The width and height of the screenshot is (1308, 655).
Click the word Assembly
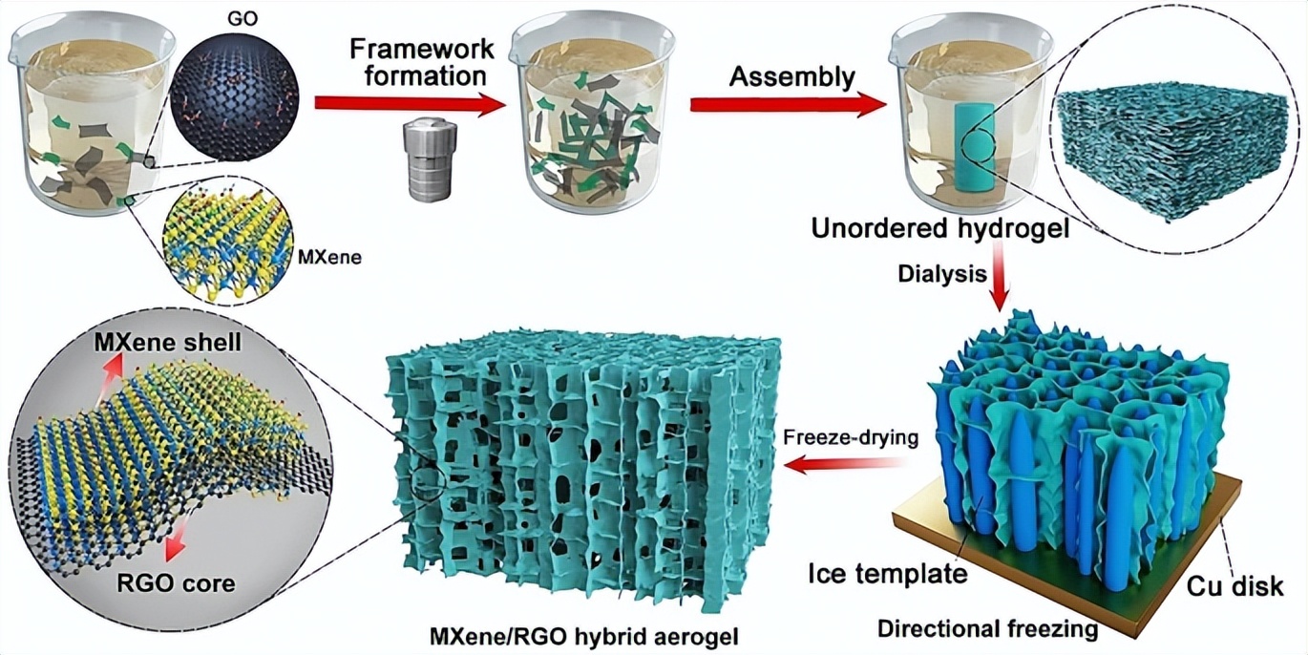click(x=791, y=75)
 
